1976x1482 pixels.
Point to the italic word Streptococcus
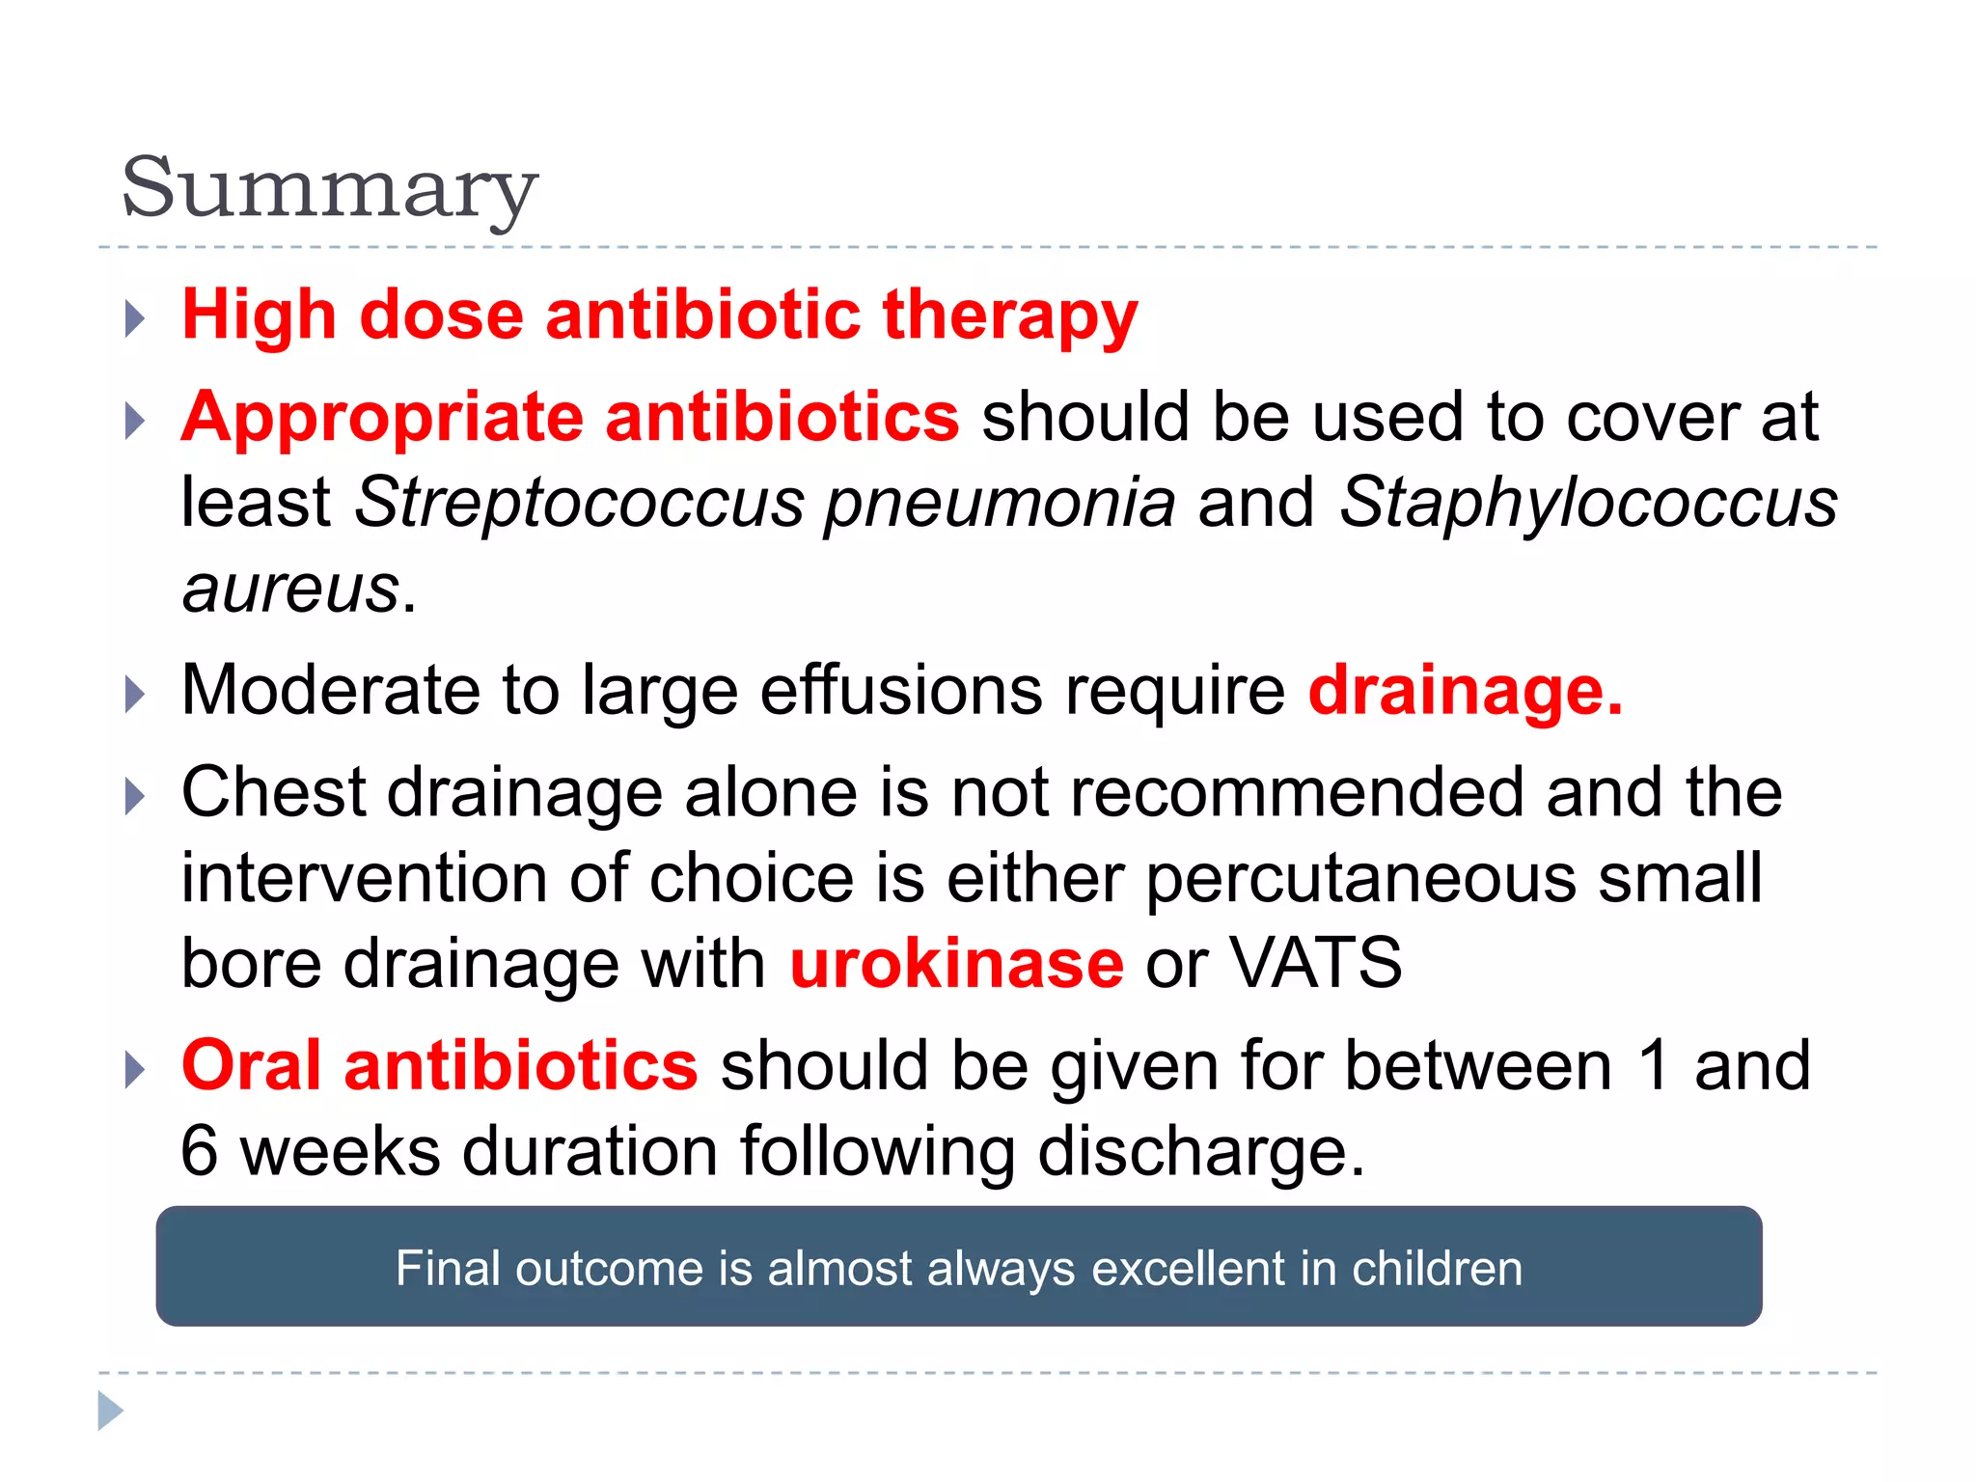tap(579, 503)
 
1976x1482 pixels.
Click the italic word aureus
tap(290, 588)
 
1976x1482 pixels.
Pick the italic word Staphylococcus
tap(1588, 503)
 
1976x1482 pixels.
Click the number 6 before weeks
tap(200, 1151)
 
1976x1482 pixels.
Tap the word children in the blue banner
tap(1437, 1268)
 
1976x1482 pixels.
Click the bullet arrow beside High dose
tap(135, 318)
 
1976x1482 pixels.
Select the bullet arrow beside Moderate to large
tap(135, 695)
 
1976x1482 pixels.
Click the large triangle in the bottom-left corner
tap(110, 1411)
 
